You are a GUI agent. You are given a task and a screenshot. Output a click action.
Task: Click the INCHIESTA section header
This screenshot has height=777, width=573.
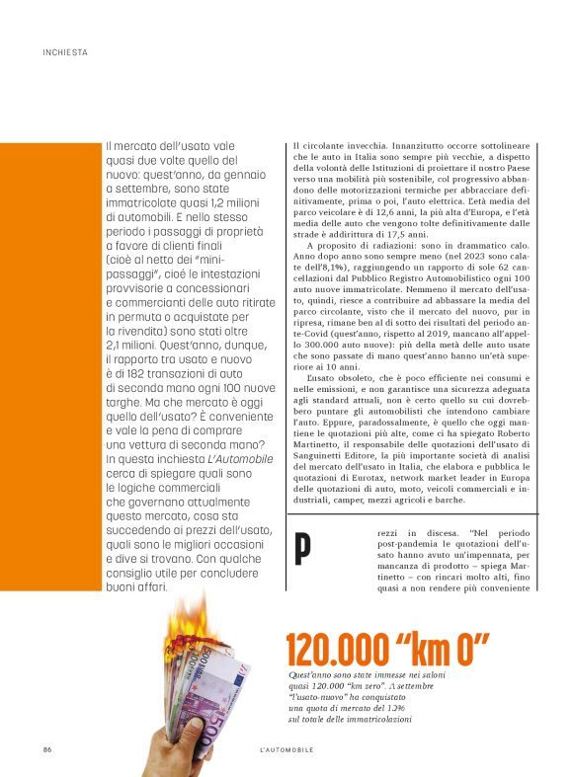pos(65,51)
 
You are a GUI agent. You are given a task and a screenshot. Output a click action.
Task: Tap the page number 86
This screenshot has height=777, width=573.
pos(46,750)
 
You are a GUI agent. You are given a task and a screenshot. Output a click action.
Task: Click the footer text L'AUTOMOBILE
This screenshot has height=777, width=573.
pos(281,750)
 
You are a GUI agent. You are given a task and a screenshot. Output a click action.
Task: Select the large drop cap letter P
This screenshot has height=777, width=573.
pos(303,551)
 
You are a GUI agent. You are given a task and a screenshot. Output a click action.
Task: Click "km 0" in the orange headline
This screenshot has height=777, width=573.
pos(444,652)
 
